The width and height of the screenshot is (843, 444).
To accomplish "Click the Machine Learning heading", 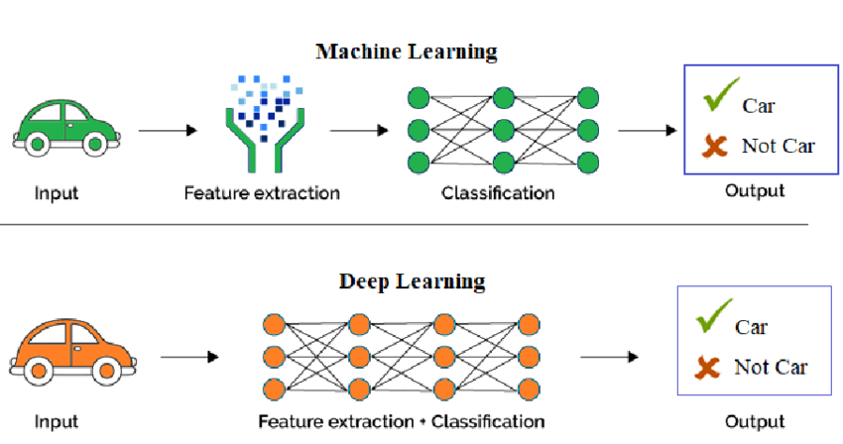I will [406, 52].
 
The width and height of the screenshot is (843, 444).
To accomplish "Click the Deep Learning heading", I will [413, 280].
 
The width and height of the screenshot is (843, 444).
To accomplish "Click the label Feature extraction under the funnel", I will [262, 192].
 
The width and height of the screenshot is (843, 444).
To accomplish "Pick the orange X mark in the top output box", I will [714, 147].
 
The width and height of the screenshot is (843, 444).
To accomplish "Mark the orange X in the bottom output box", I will [707, 369].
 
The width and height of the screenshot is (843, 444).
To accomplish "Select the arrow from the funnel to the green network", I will [358, 131].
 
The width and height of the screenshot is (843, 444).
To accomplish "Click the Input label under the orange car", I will [57, 422].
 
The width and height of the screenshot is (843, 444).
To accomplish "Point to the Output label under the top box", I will [754, 190].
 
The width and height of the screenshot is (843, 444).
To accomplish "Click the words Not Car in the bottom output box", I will [771, 368].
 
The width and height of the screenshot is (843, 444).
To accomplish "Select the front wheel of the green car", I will [94, 146].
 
